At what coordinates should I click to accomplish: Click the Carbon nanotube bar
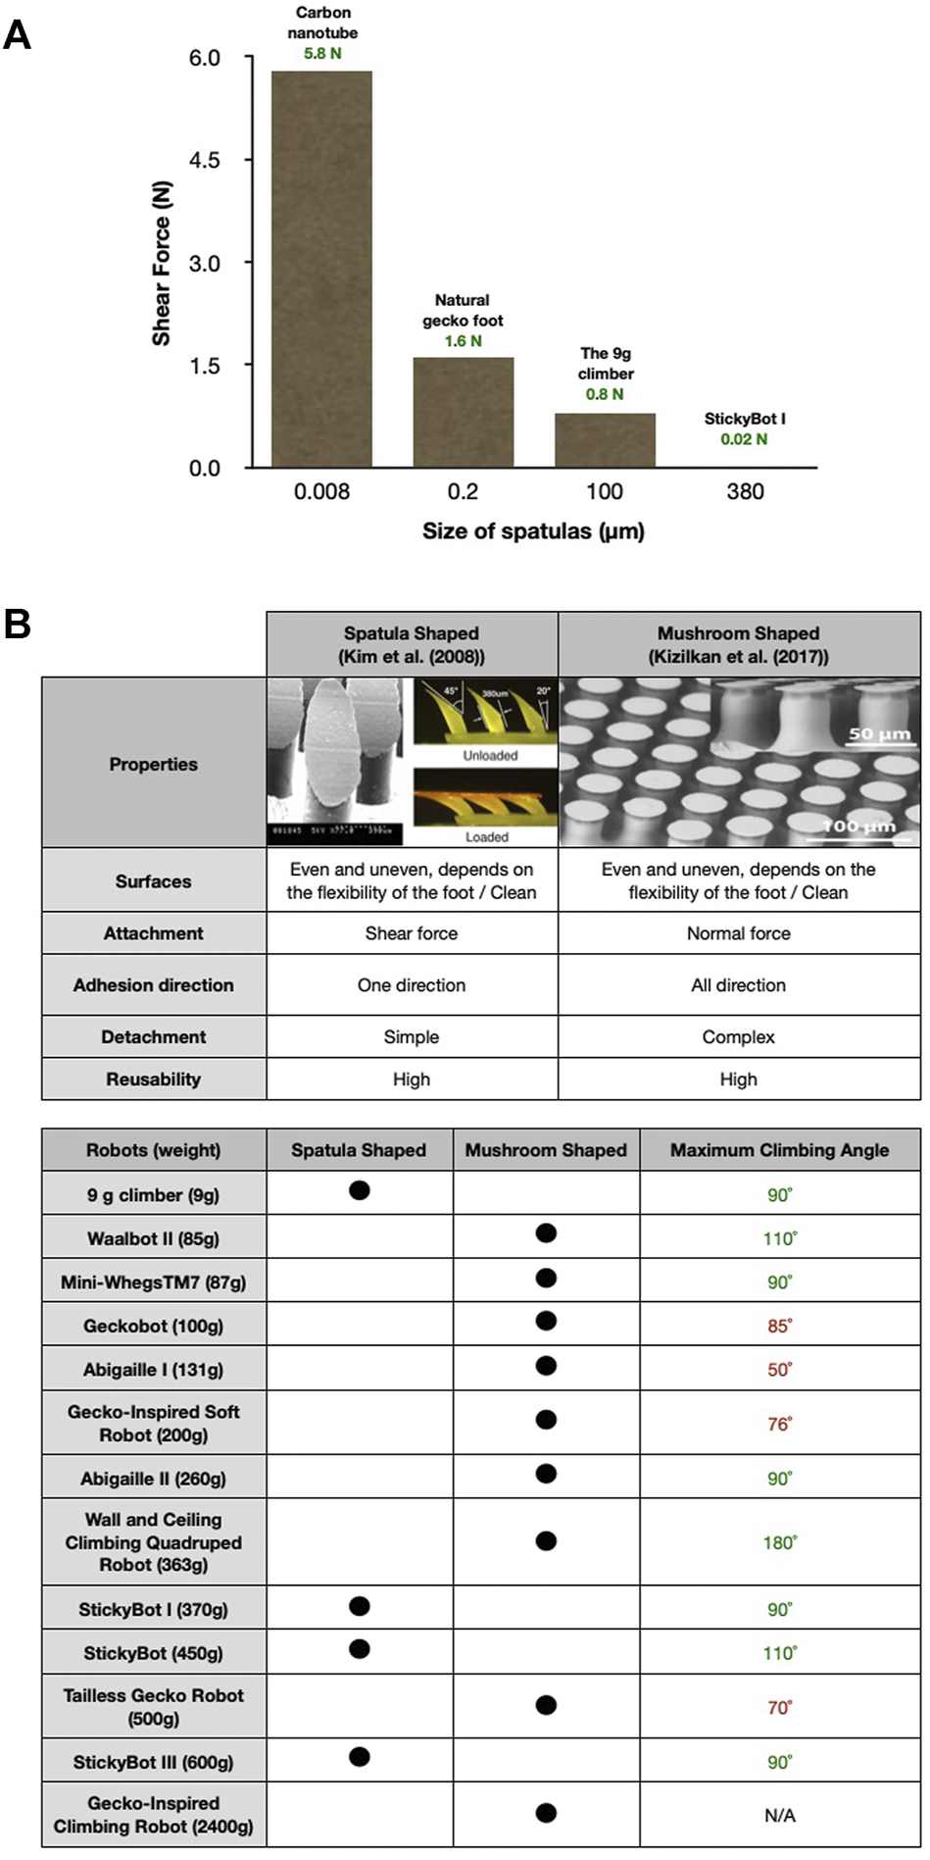coord(321,269)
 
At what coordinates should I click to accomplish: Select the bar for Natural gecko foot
coord(463,412)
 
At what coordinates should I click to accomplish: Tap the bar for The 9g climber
coord(605,440)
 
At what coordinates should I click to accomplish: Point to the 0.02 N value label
coord(744,439)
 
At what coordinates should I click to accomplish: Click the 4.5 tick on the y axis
coord(205,160)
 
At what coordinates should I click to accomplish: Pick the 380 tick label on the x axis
coord(745,491)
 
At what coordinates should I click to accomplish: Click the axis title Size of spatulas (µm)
coord(533,531)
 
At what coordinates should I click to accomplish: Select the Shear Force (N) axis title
coord(162,264)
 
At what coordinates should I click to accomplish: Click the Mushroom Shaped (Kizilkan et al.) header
coord(738,644)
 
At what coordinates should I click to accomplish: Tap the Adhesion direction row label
coord(153,985)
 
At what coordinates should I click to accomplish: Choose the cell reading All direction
coord(738,985)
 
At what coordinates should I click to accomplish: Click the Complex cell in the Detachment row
coord(738,1037)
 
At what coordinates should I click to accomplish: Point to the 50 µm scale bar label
coord(879,734)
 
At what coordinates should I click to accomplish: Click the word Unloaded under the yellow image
coord(490,756)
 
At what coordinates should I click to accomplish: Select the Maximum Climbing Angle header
coord(779,1150)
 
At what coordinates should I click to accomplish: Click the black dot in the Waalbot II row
coord(546,1233)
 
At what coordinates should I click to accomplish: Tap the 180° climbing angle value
coord(779,1542)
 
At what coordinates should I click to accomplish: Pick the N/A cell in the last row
coord(779,1815)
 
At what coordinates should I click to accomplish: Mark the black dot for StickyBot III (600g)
coord(360,1756)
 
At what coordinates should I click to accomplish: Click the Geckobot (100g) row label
coord(153,1326)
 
